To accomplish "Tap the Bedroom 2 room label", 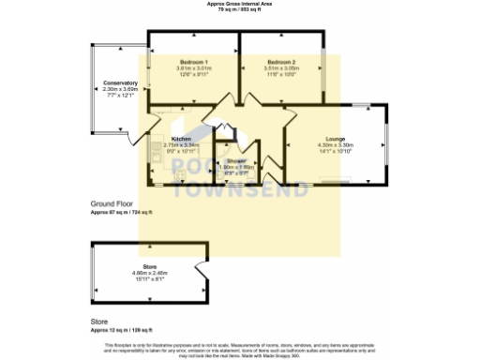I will pyautogui.click(x=280, y=62).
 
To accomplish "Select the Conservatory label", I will pyautogui.click(x=120, y=83).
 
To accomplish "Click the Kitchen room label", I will pyautogui.click(x=182, y=139).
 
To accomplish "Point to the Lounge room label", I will pyautogui.click(x=335, y=139).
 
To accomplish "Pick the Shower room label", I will pyautogui.click(x=235, y=160).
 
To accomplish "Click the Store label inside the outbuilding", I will pyautogui.click(x=147, y=267).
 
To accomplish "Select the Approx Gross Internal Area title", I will pyautogui.click(x=240, y=4).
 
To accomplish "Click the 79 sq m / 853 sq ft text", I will pyautogui.click(x=240, y=9).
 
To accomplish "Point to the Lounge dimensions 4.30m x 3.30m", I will pyautogui.click(x=335, y=145).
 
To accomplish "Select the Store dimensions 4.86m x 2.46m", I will pyautogui.click(x=147, y=273).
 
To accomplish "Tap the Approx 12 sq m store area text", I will pyautogui.click(x=119, y=332).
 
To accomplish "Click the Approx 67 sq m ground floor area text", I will pyautogui.click(x=120, y=213).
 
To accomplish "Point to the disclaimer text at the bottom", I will pyautogui.click(x=240, y=348).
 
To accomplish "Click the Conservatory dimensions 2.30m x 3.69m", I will pyautogui.click(x=120, y=89).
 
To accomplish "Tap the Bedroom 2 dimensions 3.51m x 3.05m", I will pyautogui.click(x=280, y=68).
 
